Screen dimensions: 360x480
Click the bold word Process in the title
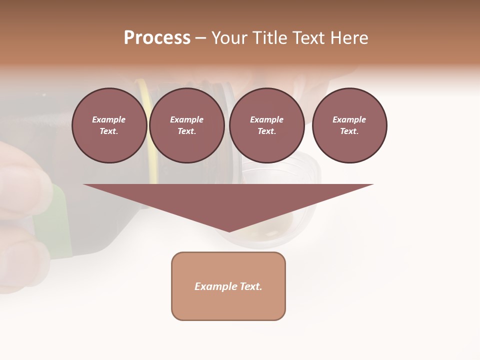[157, 38]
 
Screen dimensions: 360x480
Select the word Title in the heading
[268, 38]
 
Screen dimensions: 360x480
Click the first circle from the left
[109, 125]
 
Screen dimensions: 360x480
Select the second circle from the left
[187, 125]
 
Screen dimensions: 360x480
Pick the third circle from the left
[267, 125]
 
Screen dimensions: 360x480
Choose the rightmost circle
[349, 125]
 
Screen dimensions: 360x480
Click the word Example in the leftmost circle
[109, 119]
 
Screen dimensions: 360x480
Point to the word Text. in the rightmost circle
[349, 131]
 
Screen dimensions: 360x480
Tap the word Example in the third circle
[267, 119]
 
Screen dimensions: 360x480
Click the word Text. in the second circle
[187, 131]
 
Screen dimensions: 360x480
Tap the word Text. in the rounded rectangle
[251, 286]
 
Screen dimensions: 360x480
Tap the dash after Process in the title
[201, 38]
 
